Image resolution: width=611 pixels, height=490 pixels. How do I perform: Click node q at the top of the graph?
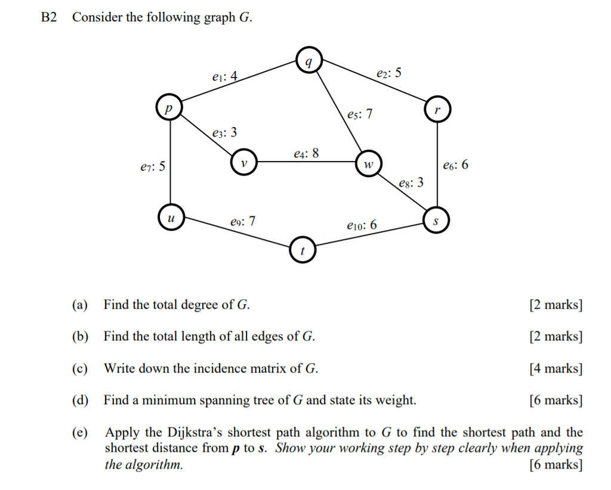click(x=308, y=61)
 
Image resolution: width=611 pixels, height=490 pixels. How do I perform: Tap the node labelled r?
click(x=437, y=110)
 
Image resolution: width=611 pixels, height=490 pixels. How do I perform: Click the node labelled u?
click(x=171, y=218)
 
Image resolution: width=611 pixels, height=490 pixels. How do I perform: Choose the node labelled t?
click(x=303, y=250)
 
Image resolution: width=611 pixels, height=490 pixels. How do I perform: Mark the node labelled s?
click(x=435, y=221)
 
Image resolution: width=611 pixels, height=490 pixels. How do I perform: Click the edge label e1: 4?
click(x=224, y=76)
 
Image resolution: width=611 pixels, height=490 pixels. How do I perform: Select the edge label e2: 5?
click(x=389, y=73)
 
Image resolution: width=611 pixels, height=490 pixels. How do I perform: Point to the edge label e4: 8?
click(x=306, y=153)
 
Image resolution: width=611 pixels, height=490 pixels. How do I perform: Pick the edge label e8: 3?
click(x=411, y=182)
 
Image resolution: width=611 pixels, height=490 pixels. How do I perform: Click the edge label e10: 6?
click(x=362, y=225)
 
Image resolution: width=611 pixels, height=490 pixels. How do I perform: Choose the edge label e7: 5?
click(x=149, y=168)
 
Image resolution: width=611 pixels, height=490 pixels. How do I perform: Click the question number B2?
click(x=49, y=17)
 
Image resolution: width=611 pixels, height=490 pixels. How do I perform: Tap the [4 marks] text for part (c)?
click(x=556, y=368)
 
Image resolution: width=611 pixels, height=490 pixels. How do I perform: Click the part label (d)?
click(x=80, y=400)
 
